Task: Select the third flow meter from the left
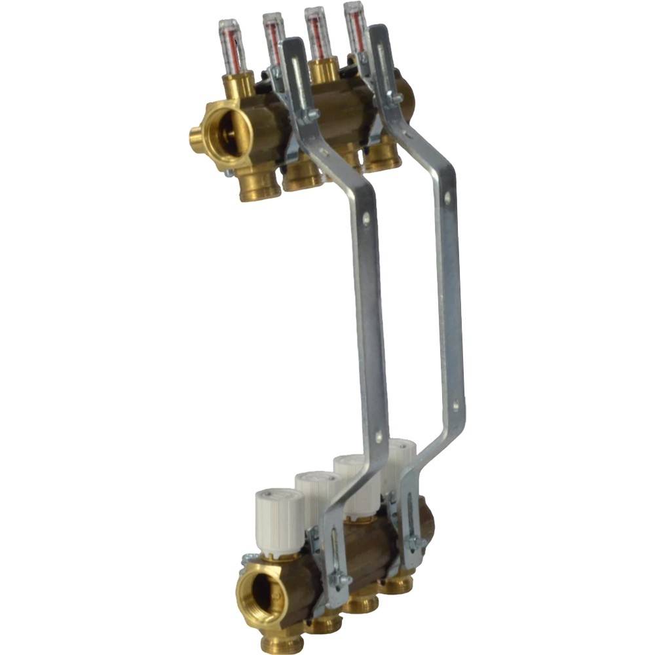tap(316, 33)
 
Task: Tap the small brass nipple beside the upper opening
tap(195, 137)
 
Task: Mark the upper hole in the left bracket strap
tap(366, 220)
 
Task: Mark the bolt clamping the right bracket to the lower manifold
tap(415, 542)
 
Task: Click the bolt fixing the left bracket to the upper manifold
tap(311, 116)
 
